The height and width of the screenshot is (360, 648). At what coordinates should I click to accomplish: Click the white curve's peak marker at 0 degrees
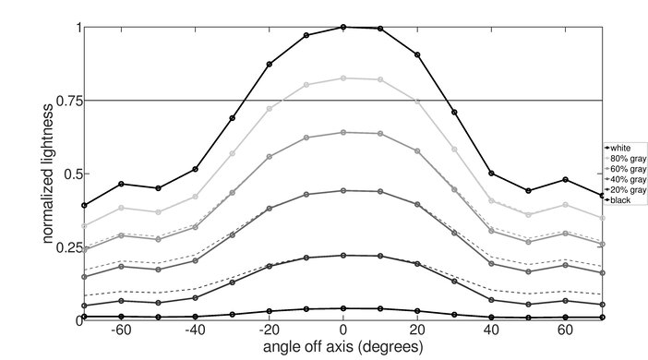click(343, 27)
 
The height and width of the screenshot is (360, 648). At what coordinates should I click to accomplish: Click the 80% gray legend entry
click(625, 158)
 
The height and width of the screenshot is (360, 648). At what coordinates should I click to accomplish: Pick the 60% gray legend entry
click(625, 169)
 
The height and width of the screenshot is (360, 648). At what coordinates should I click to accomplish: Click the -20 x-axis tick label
click(268, 330)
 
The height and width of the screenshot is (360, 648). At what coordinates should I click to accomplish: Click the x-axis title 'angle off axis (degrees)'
click(342, 347)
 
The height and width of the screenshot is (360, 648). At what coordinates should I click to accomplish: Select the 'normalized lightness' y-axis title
click(45, 174)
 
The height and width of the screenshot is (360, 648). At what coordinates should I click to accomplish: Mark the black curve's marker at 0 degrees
click(343, 308)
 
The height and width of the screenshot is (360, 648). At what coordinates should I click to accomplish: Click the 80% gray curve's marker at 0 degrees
click(343, 78)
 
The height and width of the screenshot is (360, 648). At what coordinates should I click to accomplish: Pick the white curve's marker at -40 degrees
click(195, 169)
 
